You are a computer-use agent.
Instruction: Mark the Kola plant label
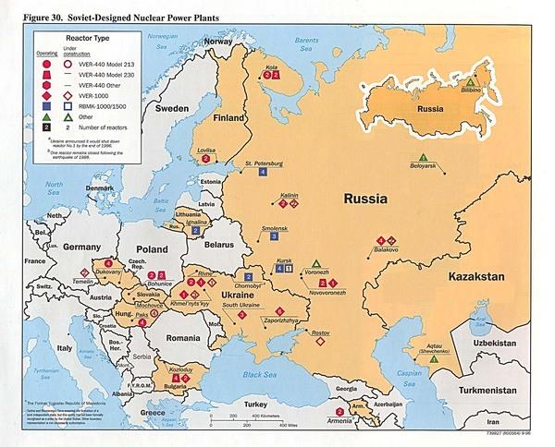(x=271, y=66)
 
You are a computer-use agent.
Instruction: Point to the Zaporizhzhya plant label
(x=278, y=320)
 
